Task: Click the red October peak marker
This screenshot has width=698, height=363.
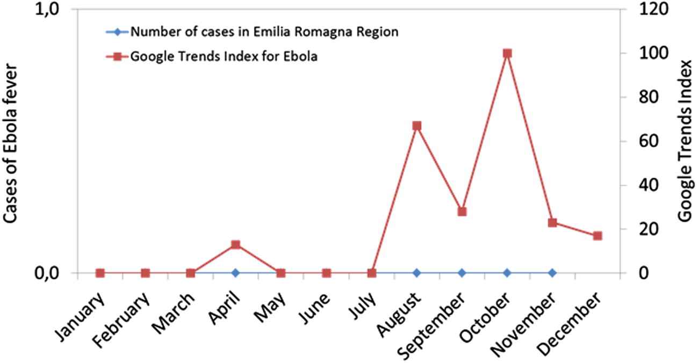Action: click(507, 54)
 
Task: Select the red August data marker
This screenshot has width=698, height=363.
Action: click(417, 126)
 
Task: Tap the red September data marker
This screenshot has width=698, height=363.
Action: click(462, 212)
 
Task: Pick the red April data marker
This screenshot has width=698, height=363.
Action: click(235, 245)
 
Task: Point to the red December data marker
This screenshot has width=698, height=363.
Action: click(598, 236)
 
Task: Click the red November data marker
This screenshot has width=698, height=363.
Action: click(552, 223)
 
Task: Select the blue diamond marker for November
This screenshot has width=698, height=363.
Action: click(552, 273)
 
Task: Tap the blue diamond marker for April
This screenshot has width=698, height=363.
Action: click(235, 273)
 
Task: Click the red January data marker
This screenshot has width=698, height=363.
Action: click(100, 273)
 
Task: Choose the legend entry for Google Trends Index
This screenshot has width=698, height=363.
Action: click(212, 56)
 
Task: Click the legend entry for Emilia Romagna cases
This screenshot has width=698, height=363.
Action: click(252, 32)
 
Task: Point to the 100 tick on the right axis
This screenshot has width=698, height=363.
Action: click(654, 53)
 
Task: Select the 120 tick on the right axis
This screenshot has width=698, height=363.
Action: click(654, 9)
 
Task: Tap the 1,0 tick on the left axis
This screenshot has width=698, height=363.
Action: click(47, 10)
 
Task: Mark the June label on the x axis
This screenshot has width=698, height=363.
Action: click(314, 308)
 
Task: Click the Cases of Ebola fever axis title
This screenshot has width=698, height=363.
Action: click(10, 143)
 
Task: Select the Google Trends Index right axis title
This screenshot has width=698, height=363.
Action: click(686, 141)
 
